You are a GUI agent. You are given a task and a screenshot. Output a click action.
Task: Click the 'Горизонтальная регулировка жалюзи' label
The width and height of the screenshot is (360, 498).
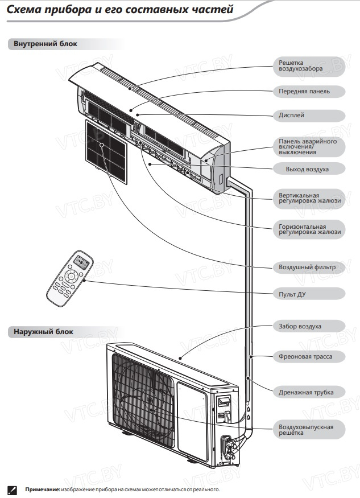pyautogui.click(x=309, y=229)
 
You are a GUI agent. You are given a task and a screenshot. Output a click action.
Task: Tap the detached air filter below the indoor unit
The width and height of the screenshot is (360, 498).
pyautogui.click(x=106, y=151)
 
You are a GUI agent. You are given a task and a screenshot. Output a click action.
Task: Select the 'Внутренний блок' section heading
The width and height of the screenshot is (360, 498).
pyautogui.click(x=42, y=44)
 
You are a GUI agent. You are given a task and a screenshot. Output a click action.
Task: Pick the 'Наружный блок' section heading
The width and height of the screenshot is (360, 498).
pyautogui.click(x=40, y=331)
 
